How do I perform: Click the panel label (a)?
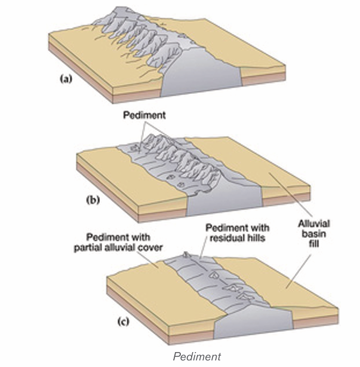(x=66, y=79)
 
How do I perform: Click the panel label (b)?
(x=93, y=200)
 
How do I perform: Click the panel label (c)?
(x=123, y=322)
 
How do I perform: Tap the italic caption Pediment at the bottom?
(x=196, y=357)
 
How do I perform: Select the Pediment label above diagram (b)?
(x=144, y=115)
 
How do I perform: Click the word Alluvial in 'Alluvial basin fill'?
(x=314, y=224)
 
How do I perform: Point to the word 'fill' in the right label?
(x=314, y=244)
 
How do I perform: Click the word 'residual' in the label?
(x=230, y=238)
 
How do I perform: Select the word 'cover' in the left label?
(x=150, y=247)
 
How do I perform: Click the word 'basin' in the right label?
(x=313, y=234)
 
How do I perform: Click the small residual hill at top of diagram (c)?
(x=186, y=255)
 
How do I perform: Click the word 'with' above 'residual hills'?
(x=260, y=228)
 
